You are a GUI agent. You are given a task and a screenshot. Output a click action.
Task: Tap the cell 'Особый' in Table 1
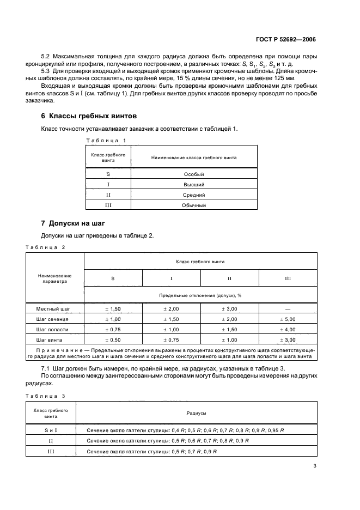tap(194, 174)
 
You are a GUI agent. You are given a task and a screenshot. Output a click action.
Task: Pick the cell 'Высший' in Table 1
tap(194, 185)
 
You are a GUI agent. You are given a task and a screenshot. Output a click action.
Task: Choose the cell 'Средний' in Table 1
tap(194, 195)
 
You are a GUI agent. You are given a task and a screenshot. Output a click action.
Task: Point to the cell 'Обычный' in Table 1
tap(194, 205)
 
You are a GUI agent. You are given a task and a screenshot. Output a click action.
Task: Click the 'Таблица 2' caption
tap(45, 247)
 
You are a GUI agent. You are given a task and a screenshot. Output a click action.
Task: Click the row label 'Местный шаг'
tap(53, 309)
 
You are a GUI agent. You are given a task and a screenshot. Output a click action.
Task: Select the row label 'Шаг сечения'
tap(53, 319)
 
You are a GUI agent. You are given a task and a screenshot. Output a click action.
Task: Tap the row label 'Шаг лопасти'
tap(53, 330)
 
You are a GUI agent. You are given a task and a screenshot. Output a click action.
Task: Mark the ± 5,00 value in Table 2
tap(288, 319)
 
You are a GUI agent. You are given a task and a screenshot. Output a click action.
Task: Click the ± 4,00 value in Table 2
tap(288, 330)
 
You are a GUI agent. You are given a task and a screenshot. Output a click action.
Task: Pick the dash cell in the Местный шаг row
tap(288, 309)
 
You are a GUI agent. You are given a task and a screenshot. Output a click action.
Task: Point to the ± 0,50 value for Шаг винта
tap(113, 340)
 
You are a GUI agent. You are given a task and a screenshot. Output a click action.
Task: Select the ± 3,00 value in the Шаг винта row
tap(288, 340)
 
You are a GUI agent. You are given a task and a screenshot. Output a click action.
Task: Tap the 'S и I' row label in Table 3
tap(51, 430)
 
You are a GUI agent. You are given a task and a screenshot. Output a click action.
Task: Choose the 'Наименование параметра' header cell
tap(54, 279)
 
